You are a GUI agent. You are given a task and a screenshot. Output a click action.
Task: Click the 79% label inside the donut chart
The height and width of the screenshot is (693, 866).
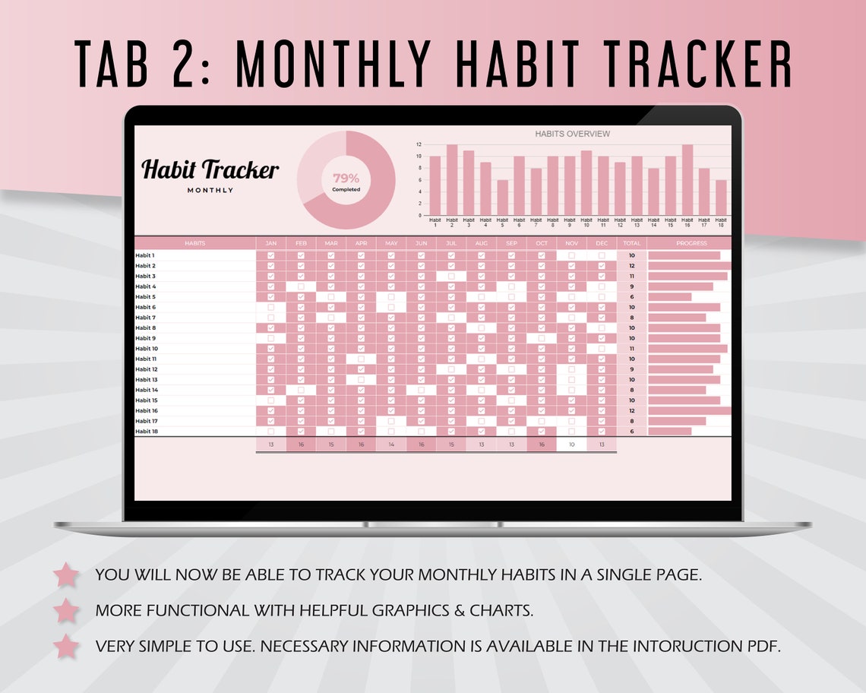tap(346, 178)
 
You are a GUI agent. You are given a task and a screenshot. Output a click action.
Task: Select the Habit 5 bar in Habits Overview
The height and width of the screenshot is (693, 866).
tap(502, 198)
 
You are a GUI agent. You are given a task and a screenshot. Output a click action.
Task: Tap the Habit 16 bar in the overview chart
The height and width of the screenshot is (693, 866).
tap(687, 180)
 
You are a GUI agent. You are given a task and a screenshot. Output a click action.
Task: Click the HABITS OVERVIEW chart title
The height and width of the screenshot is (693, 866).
tap(572, 134)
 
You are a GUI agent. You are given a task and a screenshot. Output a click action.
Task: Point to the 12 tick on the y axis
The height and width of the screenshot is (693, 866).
tap(419, 144)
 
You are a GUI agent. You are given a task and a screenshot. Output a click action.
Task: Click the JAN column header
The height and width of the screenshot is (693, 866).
tap(270, 243)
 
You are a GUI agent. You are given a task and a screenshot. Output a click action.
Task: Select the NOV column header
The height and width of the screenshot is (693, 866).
tap(571, 243)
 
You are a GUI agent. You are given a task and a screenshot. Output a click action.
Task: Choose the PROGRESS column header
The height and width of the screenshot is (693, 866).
tap(691, 243)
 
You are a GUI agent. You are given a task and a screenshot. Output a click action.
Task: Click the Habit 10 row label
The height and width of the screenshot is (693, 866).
tap(147, 348)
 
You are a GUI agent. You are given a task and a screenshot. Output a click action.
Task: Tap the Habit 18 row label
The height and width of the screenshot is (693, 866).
tap(147, 431)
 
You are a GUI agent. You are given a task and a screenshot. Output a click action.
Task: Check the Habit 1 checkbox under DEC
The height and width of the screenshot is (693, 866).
tap(602, 255)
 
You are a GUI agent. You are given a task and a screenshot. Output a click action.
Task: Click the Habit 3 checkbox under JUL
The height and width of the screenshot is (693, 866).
tap(451, 276)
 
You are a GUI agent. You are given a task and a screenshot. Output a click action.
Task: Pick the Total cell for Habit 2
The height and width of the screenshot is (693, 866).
tap(631, 266)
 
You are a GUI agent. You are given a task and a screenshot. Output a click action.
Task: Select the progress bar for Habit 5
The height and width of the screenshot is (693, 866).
tap(669, 296)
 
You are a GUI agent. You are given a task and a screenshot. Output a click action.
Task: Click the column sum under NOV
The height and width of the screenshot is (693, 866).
tap(571, 445)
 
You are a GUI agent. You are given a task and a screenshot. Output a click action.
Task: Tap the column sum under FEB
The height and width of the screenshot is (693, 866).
tap(301, 445)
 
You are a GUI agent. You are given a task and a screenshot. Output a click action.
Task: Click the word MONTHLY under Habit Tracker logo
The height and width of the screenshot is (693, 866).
tap(210, 190)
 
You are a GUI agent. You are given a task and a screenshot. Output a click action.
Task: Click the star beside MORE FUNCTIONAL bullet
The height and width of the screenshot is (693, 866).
tap(67, 609)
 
